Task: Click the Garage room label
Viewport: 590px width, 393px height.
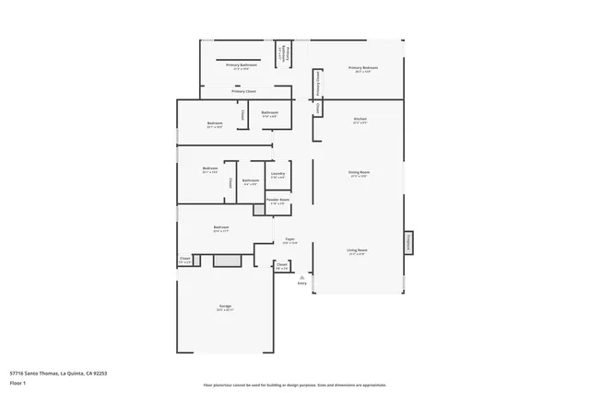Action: (x=225, y=306)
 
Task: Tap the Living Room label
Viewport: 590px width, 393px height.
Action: (x=358, y=250)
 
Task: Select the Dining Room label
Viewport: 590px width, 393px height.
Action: (x=359, y=172)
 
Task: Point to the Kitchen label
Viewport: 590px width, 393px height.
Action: (x=360, y=119)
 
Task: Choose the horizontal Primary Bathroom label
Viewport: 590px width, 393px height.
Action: (x=242, y=65)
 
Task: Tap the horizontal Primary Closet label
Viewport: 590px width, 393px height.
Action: (x=244, y=91)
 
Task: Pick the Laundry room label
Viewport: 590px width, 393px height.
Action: (x=277, y=173)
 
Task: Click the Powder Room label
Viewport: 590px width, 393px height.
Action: (x=277, y=200)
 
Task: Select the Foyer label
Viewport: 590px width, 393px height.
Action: (x=289, y=239)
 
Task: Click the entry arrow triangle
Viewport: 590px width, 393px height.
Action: (x=301, y=275)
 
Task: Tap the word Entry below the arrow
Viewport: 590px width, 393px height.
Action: (x=301, y=283)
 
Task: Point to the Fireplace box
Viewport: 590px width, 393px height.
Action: (x=408, y=241)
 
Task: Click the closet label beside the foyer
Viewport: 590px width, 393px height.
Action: (x=282, y=264)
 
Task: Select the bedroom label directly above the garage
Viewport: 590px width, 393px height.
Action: (x=221, y=227)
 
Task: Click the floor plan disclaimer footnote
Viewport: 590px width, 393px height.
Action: (x=295, y=384)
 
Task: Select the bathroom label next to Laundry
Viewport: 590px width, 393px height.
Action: (x=251, y=180)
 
